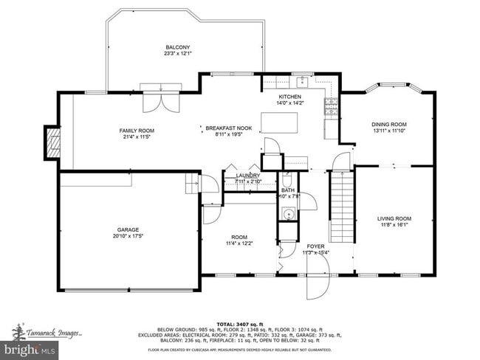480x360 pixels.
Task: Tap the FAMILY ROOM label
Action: [x=137, y=131]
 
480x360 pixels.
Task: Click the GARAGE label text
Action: [x=128, y=229]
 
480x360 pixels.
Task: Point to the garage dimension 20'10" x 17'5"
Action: [x=128, y=236]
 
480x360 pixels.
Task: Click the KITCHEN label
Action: [x=289, y=97]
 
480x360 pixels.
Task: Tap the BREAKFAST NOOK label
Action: [x=228, y=128]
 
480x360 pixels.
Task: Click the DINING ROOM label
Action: [x=388, y=124]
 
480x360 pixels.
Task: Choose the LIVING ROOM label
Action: [x=394, y=218]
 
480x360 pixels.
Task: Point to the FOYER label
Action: [x=316, y=246]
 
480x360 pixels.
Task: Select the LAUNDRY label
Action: [x=248, y=176]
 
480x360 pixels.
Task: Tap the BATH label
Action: [x=287, y=190]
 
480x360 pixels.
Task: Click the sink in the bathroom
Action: [x=287, y=215]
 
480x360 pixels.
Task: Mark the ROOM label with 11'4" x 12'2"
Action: [x=239, y=236]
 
